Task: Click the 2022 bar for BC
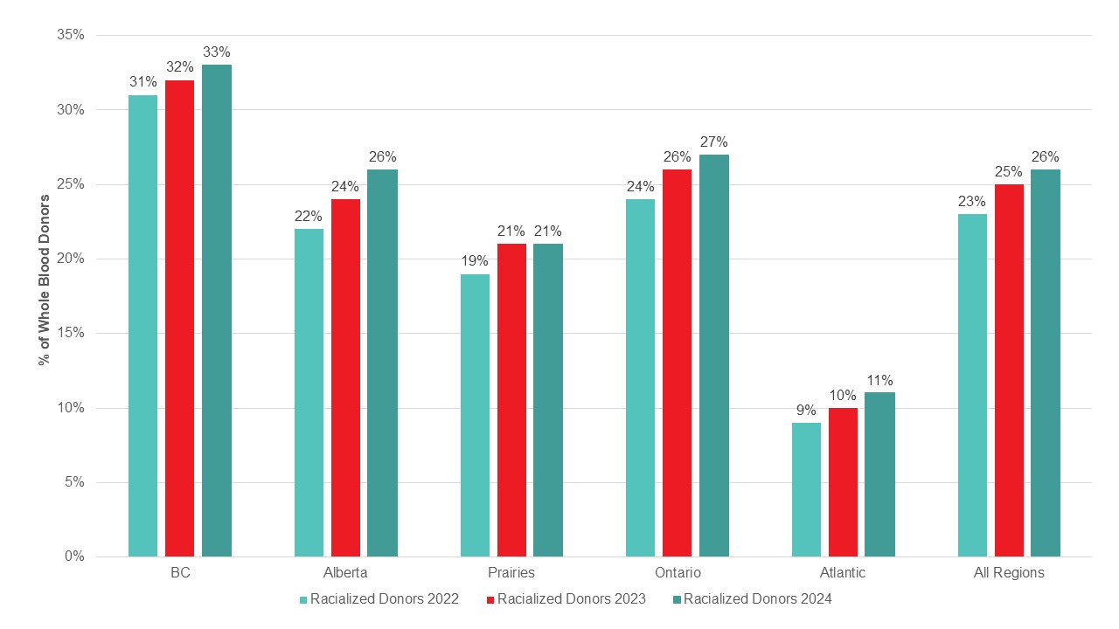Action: (142, 326)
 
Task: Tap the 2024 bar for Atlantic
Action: (880, 474)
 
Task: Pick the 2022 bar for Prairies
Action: (475, 415)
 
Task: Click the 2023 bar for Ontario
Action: (678, 363)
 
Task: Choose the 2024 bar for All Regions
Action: (1046, 363)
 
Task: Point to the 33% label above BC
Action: (217, 52)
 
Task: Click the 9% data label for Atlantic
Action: (806, 410)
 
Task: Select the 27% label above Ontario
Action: (714, 142)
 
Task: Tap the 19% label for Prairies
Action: (475, 261)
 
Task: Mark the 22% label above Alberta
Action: (309, 216)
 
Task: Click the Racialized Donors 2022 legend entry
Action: (379, 599)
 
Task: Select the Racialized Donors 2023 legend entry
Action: (565, 599)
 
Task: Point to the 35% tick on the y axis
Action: (70, 35)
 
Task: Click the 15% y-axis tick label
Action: (70, 333)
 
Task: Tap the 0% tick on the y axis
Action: (73, 556)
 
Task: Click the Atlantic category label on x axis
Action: (843, 573)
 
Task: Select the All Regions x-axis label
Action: (1009, 573)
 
